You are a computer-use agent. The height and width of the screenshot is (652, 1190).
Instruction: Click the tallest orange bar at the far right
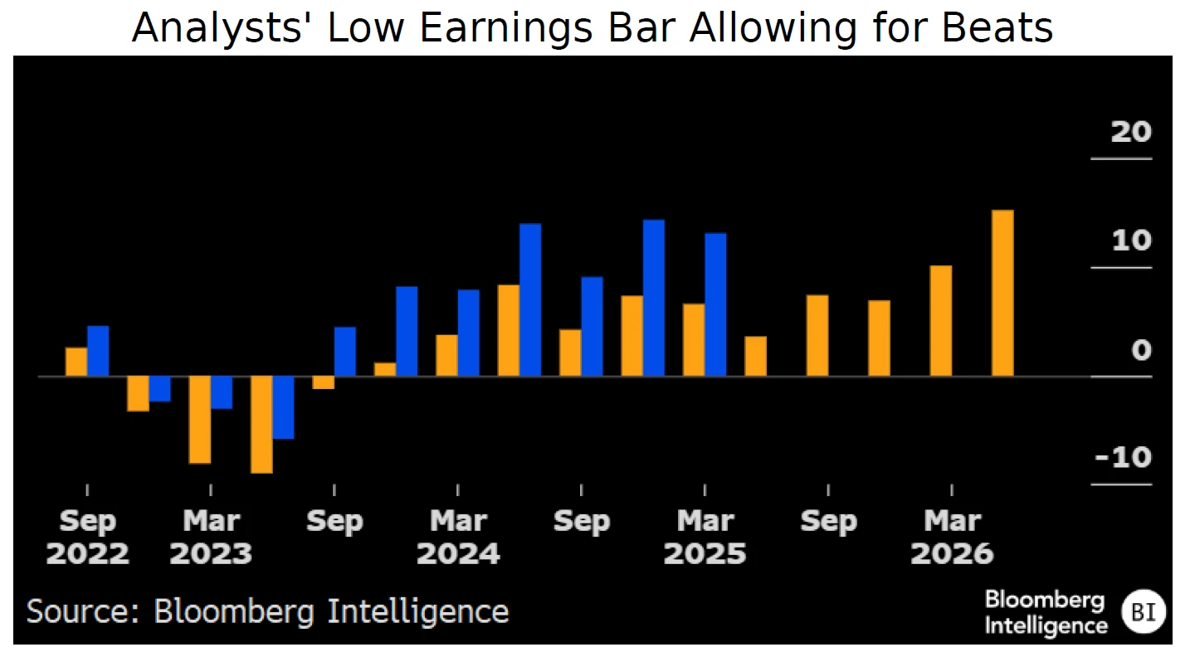1002,293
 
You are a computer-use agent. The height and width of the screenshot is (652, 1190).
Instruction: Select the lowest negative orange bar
261,425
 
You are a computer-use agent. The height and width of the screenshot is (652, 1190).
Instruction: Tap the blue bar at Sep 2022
98,351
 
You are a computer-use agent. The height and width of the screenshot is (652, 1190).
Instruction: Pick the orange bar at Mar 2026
940,321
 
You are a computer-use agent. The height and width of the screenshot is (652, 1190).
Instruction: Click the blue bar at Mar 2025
715,304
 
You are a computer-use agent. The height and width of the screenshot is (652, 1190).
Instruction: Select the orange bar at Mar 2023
200,420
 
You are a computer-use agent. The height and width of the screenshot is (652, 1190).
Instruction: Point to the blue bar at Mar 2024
469,333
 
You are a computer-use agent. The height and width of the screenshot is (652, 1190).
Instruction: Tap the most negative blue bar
284,407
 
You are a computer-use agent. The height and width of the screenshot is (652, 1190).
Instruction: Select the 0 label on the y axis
1142,350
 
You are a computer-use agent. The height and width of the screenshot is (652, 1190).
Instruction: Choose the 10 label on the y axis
1131,241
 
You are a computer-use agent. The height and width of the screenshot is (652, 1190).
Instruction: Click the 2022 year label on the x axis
88,553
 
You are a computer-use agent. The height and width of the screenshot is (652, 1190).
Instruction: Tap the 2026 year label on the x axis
952,553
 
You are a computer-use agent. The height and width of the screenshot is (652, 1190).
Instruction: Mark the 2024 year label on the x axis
458,553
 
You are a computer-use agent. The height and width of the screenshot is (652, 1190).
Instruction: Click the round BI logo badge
1143,613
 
